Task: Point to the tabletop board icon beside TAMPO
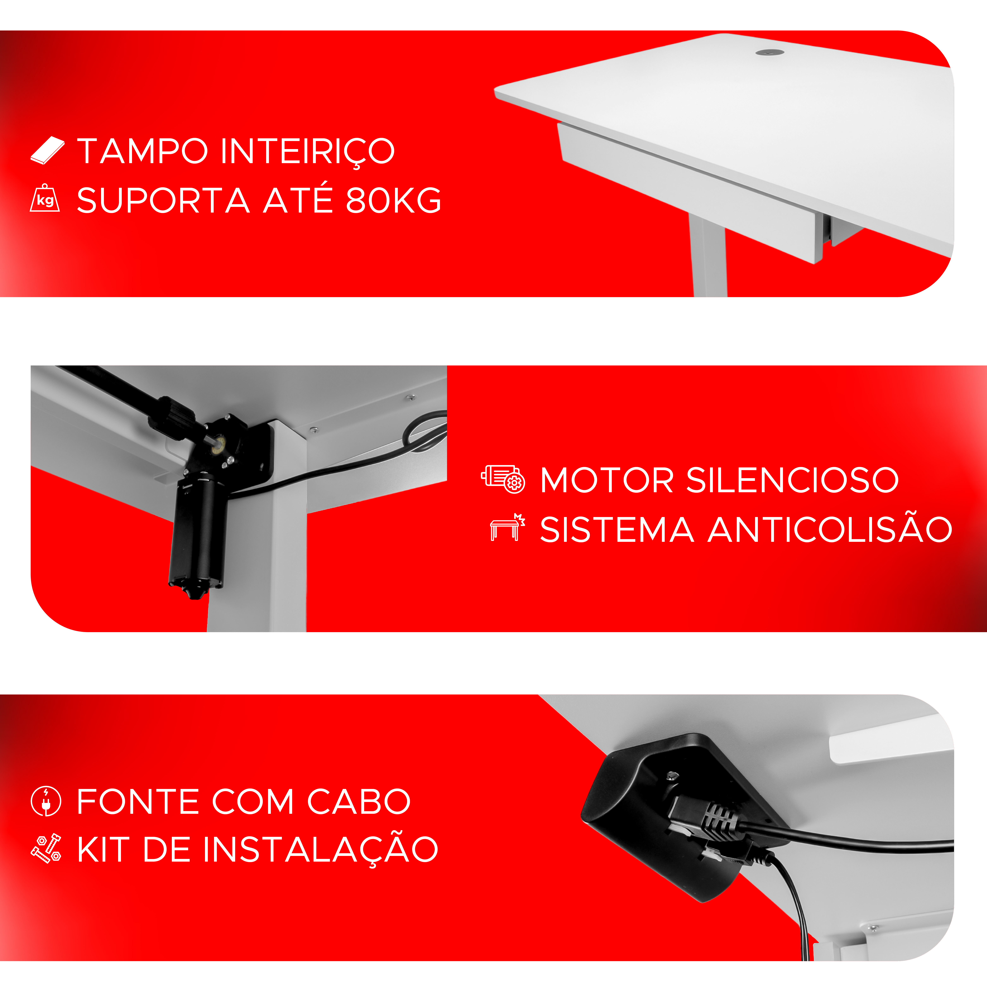click(48, 151)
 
